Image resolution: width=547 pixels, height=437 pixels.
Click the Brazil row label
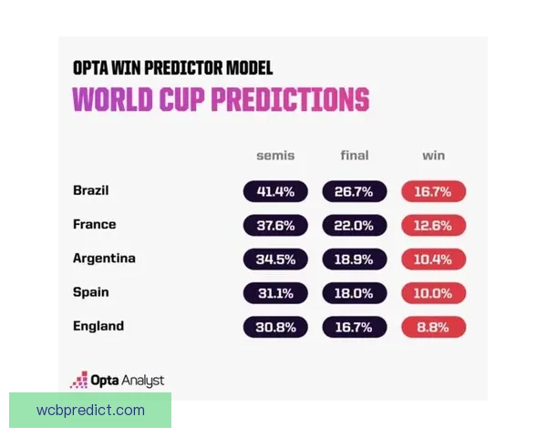[90, 191]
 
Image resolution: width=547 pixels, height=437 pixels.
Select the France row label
[94, 225]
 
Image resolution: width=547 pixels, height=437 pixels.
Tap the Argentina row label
[104, 259]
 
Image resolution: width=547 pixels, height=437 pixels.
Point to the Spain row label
[90, 292]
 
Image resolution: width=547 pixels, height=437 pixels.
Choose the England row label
[98, 326]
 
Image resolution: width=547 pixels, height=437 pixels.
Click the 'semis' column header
[275, 156]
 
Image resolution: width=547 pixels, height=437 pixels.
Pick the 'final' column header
[355, 156]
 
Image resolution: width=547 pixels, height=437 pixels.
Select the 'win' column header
[433, 156]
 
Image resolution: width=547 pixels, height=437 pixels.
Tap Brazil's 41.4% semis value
[275, 192]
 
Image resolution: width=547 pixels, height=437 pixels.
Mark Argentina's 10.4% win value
[433, 259]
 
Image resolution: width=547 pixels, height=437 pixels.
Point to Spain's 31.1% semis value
[275, 293]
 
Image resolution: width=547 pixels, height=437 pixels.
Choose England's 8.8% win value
[433, 327]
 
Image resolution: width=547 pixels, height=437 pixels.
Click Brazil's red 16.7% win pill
[433, 192]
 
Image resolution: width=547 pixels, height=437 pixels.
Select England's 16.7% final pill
[355, 327]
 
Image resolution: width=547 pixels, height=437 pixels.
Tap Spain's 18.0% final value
[355, 293]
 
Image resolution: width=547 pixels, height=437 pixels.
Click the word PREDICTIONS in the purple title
[290, 99]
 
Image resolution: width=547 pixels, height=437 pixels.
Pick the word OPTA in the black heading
[94, 68]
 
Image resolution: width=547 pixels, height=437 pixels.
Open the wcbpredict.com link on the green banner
[90, 410]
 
